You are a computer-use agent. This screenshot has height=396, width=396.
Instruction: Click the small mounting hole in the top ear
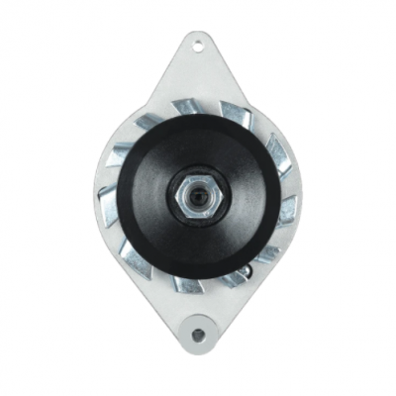198,44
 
